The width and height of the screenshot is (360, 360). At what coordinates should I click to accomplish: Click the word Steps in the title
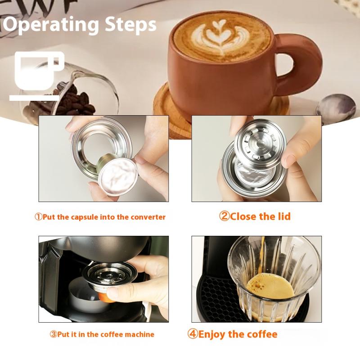coord(130,24)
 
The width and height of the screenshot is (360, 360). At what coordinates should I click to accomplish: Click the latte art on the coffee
coord(220,38)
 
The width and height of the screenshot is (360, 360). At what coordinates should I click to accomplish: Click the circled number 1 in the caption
coord(39,217)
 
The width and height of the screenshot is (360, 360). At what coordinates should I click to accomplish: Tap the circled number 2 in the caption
coord(224,216)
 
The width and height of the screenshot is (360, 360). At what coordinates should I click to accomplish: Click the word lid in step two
coord(284,216)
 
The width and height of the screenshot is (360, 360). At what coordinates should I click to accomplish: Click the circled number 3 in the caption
coord(53,334)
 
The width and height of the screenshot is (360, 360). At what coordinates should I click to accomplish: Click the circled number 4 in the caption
coord(193,334)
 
